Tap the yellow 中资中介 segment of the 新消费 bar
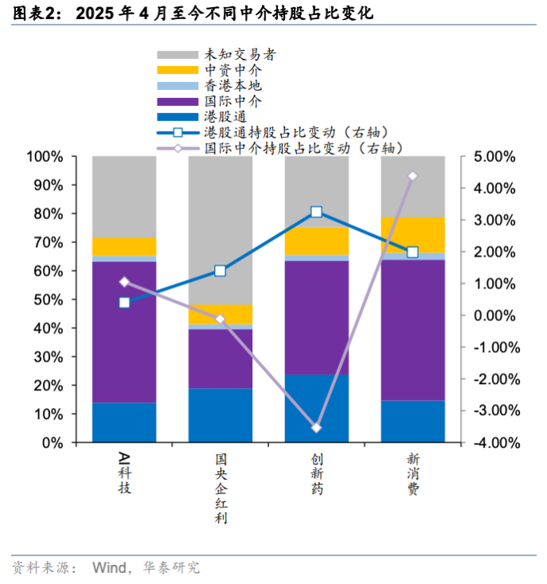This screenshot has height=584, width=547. [x=412, y=234]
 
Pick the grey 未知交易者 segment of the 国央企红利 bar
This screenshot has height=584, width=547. [x=221, y=215]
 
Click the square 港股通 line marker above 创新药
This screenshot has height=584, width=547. [x=317, y=212]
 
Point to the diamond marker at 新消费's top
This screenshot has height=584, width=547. [x=412, y=176]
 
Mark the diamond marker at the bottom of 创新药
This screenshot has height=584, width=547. [x=317, y=428]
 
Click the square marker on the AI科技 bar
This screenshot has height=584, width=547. [x=124, y=303]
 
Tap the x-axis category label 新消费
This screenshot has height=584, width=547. [x=413, y=475]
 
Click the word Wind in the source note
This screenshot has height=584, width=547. [x=110, y=567]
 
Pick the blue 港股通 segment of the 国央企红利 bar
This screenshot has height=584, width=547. [x=221, y=415]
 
